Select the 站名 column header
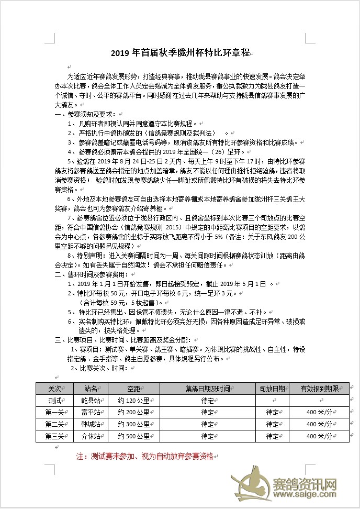91,389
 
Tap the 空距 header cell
133,389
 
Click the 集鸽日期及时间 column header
207,389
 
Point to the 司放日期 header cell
272,389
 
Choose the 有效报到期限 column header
319,389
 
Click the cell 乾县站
91,400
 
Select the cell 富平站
91,412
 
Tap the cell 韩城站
91,424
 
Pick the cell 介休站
91,436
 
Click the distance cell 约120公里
133,400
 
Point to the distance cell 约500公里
133,436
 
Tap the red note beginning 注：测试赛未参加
144,456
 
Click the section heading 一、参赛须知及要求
86,114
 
